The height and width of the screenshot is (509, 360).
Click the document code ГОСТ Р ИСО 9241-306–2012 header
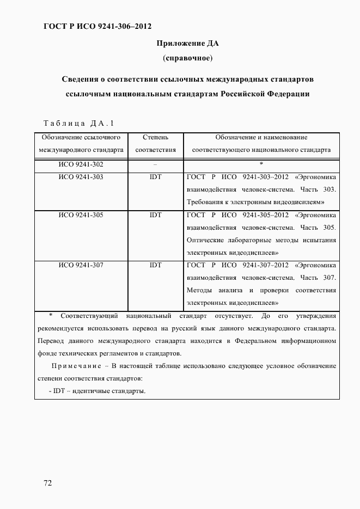tap(97, 26)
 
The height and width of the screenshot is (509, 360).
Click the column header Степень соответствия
tap(155, 143)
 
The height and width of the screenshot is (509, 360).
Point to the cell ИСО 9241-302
tap(81, 164)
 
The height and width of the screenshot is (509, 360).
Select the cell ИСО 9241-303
tap(81, 177)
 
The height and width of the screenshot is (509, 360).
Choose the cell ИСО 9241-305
tap(81, 215)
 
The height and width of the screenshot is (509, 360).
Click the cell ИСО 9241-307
tap(81, 265)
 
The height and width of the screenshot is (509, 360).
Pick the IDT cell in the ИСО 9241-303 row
tap(155, 177)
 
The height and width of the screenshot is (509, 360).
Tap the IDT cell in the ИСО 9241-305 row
tap(155, 215)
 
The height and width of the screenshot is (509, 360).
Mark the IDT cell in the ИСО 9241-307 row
tap(155, 265)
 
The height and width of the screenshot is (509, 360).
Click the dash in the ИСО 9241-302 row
tap(155, 164)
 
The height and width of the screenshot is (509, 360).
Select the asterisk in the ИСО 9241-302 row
tap(261, 164)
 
